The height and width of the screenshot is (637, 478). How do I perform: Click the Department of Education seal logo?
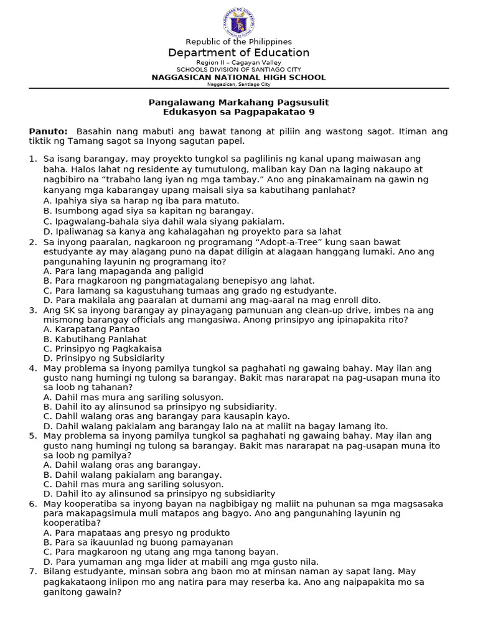[x=238, y=22]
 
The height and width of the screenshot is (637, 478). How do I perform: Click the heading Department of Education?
[x=238, y=53]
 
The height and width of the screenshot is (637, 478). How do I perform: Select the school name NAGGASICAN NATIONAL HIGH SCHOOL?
[x=238, y=78]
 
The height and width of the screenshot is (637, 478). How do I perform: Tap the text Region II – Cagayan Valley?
[x=238, y=63]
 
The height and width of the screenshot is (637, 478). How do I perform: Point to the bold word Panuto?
[x=48, y=131]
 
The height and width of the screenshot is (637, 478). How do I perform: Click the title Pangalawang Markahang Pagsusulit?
[x=238, y=101]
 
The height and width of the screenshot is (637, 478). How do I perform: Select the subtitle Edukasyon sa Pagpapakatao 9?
[x=238, y=111]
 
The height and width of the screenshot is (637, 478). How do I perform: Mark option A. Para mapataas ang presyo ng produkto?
[x=136, y=532]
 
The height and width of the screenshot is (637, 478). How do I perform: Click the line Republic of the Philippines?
[x=238, y=42]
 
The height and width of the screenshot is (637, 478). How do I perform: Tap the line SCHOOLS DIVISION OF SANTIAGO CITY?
[x=238, y=70]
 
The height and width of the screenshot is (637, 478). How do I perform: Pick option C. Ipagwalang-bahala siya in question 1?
[x=164, y=221]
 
